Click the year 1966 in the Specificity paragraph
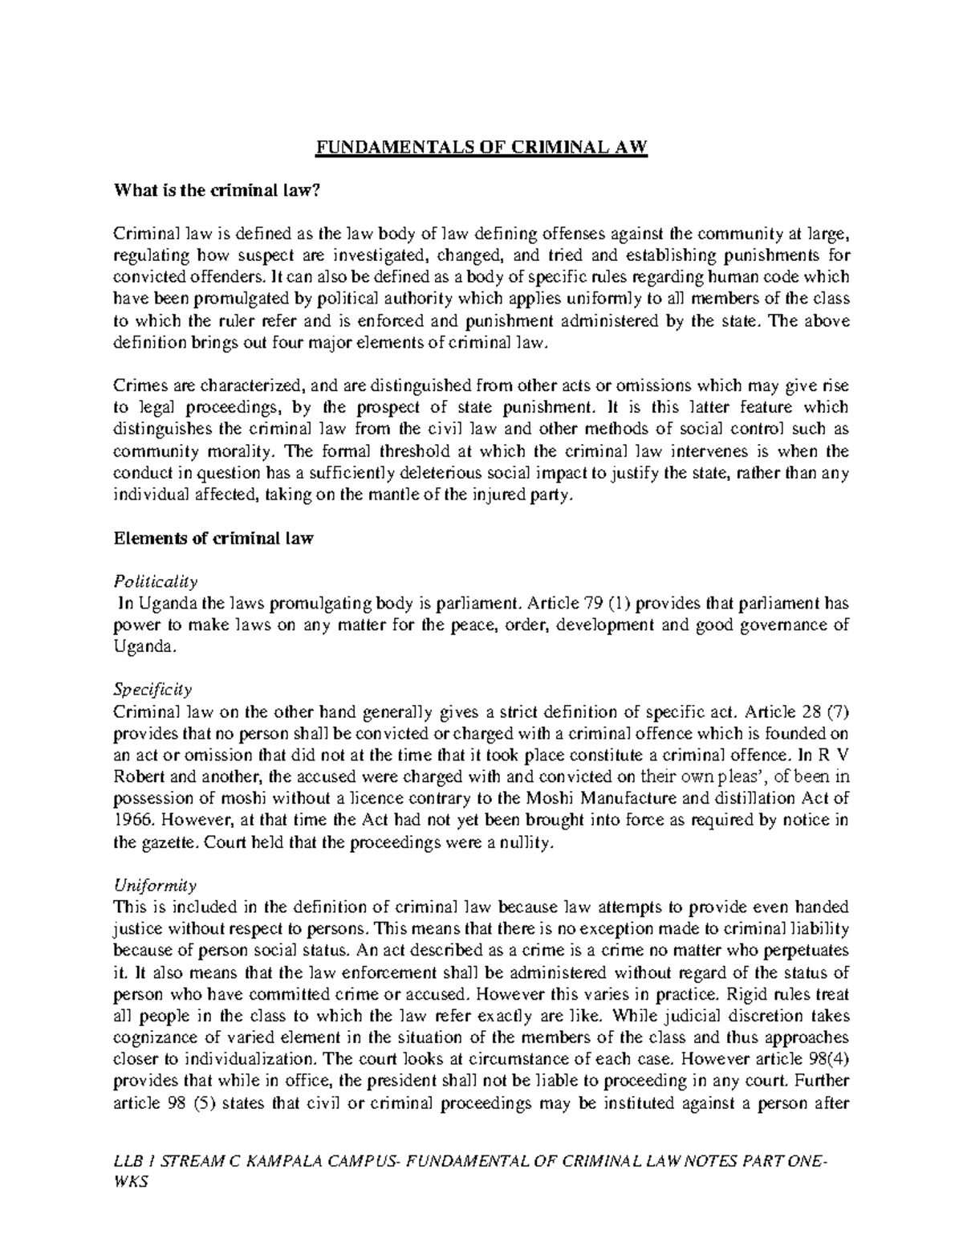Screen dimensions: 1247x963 click(130, 820)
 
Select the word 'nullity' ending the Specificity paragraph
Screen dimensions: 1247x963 click(527, 842)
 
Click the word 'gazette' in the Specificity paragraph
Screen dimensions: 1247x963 click(169, 842)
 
